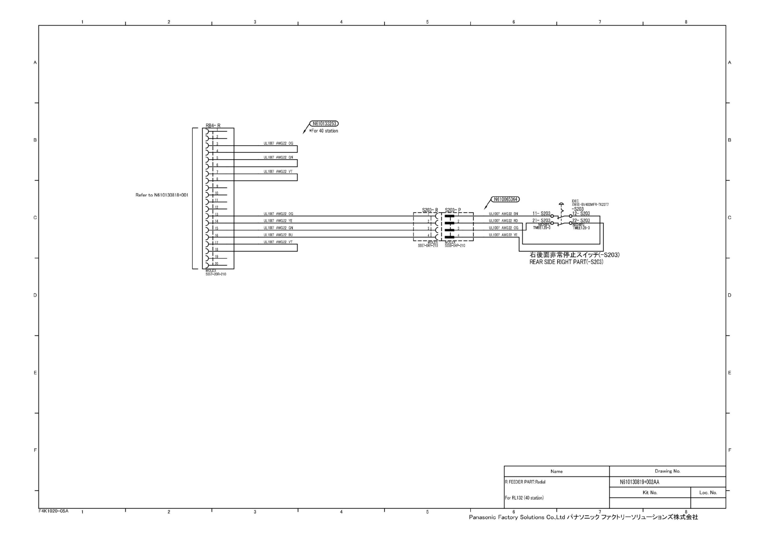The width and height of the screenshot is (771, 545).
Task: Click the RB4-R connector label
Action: (x=213, y=125)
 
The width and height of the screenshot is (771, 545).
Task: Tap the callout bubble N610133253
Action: (x=324, y=124)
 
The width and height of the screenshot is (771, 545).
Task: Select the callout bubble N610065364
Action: (x=505, y=199)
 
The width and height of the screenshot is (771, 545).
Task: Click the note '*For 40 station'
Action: (x=324, y=131)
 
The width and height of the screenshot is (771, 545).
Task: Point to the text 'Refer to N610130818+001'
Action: (x=162, y=195)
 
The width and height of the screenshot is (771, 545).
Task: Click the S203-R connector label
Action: (x=430, y=210)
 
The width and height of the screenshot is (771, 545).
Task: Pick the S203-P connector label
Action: (x=453, y=210)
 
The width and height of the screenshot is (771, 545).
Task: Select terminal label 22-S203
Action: (x=581, y=221)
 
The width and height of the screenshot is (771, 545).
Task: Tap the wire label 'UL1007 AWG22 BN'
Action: (x=503, y=214)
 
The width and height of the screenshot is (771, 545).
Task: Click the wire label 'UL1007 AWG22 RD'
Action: (x=503, y=221)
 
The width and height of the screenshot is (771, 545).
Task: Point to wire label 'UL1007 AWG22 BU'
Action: (x=278, y=235)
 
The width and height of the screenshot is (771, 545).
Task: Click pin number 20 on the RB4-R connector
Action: (x=217, y=264)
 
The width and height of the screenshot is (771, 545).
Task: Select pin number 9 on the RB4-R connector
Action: (x=217, y=186)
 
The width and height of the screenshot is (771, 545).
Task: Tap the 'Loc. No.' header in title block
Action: (x=708, y=492)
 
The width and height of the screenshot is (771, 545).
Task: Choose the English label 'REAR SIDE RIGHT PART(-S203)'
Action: (x=566, y=262)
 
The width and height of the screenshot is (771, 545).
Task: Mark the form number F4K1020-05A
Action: (x=53, y=511)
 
